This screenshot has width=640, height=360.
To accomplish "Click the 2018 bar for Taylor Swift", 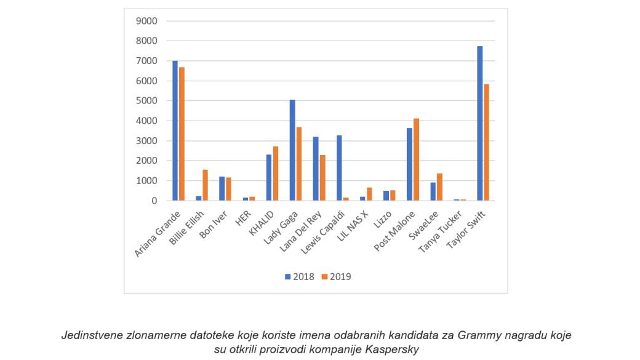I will point(479,123).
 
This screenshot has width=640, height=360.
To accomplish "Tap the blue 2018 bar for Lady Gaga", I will point(292,150).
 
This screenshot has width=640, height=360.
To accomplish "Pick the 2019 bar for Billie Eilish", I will point(206,185).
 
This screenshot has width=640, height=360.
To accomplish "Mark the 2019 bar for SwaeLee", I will point(440,187).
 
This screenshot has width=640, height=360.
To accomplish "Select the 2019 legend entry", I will point(336,276).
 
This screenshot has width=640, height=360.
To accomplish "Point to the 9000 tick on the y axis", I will point(148,21).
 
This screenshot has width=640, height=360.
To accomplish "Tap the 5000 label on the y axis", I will point(148,101).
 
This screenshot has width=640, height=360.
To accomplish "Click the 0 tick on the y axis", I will point(154,201).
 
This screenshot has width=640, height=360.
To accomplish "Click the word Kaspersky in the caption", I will point(395,350).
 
